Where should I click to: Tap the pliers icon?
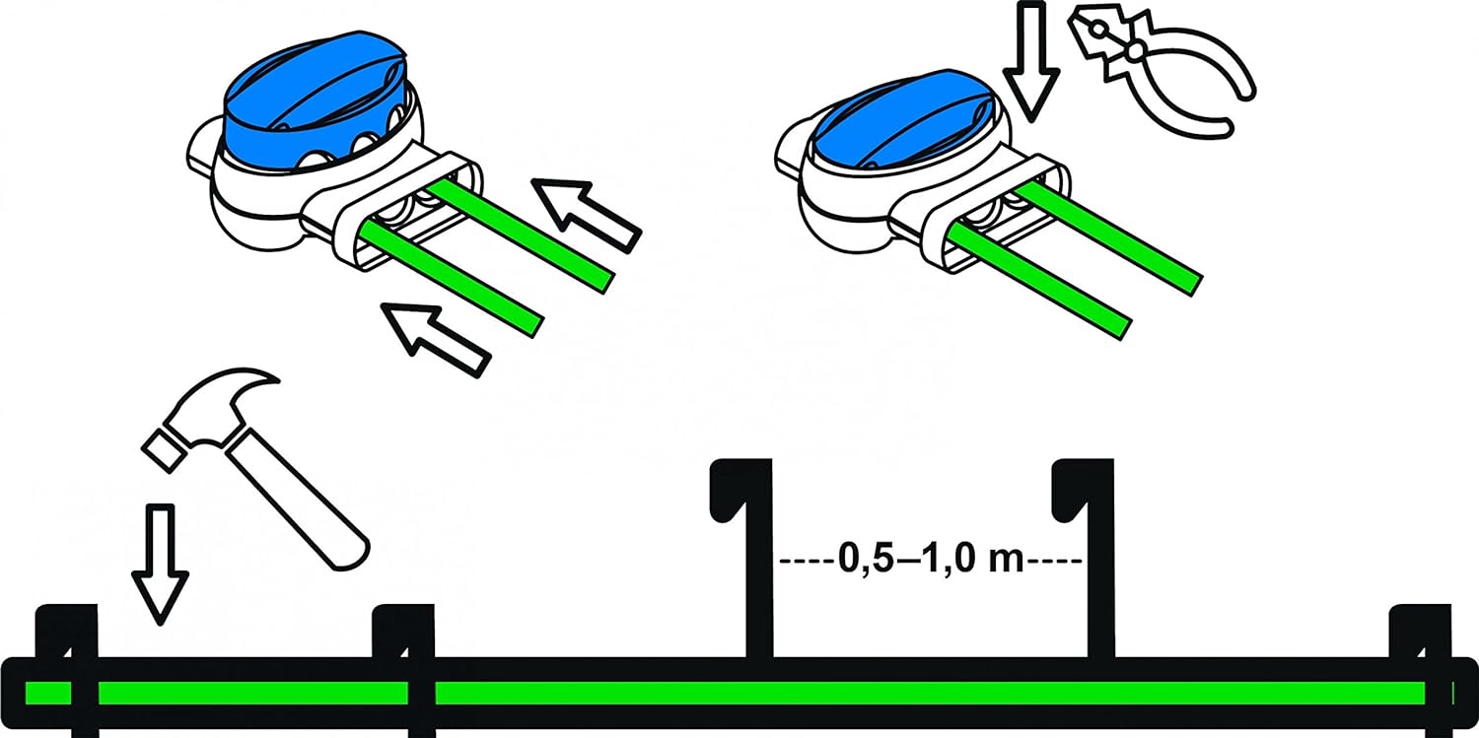coord(1162,69)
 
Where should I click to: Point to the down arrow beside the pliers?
coord(1030,63)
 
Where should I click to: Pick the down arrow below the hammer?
coord(160,564)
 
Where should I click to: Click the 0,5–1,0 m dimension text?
coord(931,560)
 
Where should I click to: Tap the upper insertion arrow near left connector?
coord(586,215)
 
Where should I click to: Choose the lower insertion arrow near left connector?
coord(436,340)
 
